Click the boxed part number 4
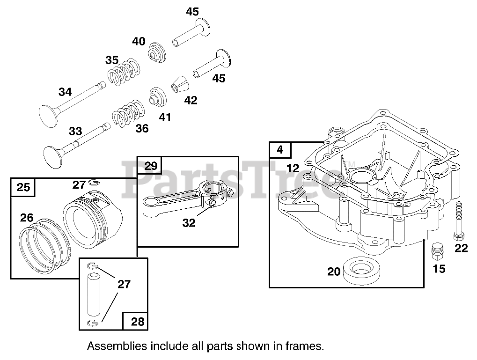(x=280, y=150)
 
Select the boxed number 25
(x=22, y=187)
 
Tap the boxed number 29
(x=150, y=166)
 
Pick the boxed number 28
(x=138, y=322)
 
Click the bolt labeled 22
(x=458, y=220)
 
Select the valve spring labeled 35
(x=125, y=71)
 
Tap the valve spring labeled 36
(x=128, y=113)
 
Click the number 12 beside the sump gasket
(x=293, y=168)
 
